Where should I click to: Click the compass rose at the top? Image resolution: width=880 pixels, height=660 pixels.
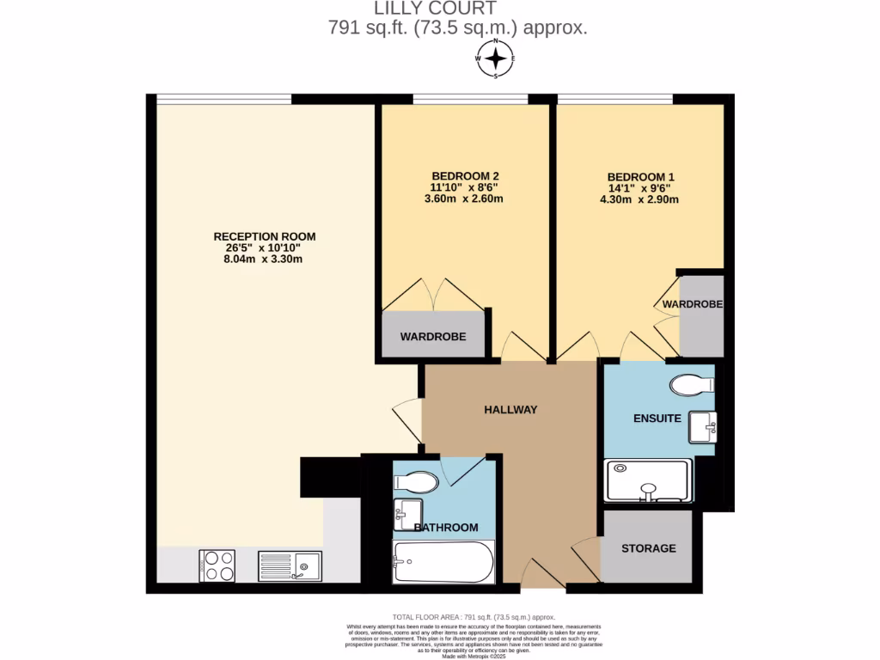496,58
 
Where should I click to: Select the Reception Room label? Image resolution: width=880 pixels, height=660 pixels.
265,236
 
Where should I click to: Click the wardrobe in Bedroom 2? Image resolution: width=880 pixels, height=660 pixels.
433,336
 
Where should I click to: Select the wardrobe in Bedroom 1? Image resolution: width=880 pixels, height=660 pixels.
701,315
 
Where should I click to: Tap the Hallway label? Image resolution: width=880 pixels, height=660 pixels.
510,410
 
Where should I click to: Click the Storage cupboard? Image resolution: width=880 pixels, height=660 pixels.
648,547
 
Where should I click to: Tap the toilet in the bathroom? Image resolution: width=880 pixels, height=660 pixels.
416,482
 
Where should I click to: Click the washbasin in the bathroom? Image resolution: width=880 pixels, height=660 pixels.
407,514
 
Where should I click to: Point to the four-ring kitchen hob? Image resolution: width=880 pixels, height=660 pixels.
217,565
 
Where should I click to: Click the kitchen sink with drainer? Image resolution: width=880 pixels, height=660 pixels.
290,565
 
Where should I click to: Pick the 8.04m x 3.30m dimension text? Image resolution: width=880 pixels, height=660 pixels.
265,259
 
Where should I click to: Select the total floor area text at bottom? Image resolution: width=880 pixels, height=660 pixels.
474,617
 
